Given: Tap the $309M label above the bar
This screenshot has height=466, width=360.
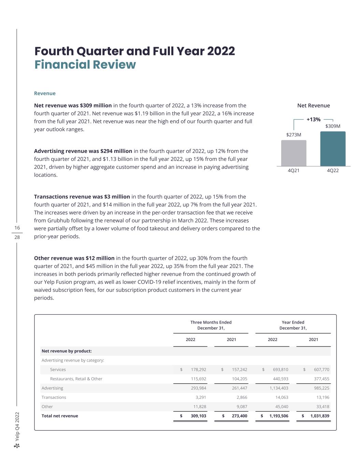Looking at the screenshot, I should pos(333,126).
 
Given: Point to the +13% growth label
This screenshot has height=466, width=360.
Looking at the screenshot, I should pos(313,119).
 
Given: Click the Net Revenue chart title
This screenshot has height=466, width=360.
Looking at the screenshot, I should pos(313,105).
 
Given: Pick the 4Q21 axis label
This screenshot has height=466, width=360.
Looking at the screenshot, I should pos(293,170).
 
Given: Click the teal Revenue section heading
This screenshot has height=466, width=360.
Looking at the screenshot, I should pos(45,93).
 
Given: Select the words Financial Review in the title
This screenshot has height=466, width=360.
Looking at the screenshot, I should pos(85,65).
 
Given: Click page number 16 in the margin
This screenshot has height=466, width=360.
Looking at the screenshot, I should pos(17,228).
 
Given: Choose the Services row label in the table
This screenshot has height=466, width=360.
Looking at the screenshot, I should pos(58,369).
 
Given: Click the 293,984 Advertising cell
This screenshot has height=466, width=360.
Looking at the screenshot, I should pos(198,388).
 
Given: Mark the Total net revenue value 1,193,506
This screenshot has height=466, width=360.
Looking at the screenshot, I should pos(278,416).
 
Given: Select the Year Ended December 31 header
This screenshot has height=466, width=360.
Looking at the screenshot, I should pos(293,325).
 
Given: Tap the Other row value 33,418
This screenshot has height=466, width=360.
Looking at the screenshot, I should pos(322,407).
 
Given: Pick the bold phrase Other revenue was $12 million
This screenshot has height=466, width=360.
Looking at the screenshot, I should pos(74,258).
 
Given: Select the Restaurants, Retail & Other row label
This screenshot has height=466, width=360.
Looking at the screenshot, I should pos(76,379).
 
